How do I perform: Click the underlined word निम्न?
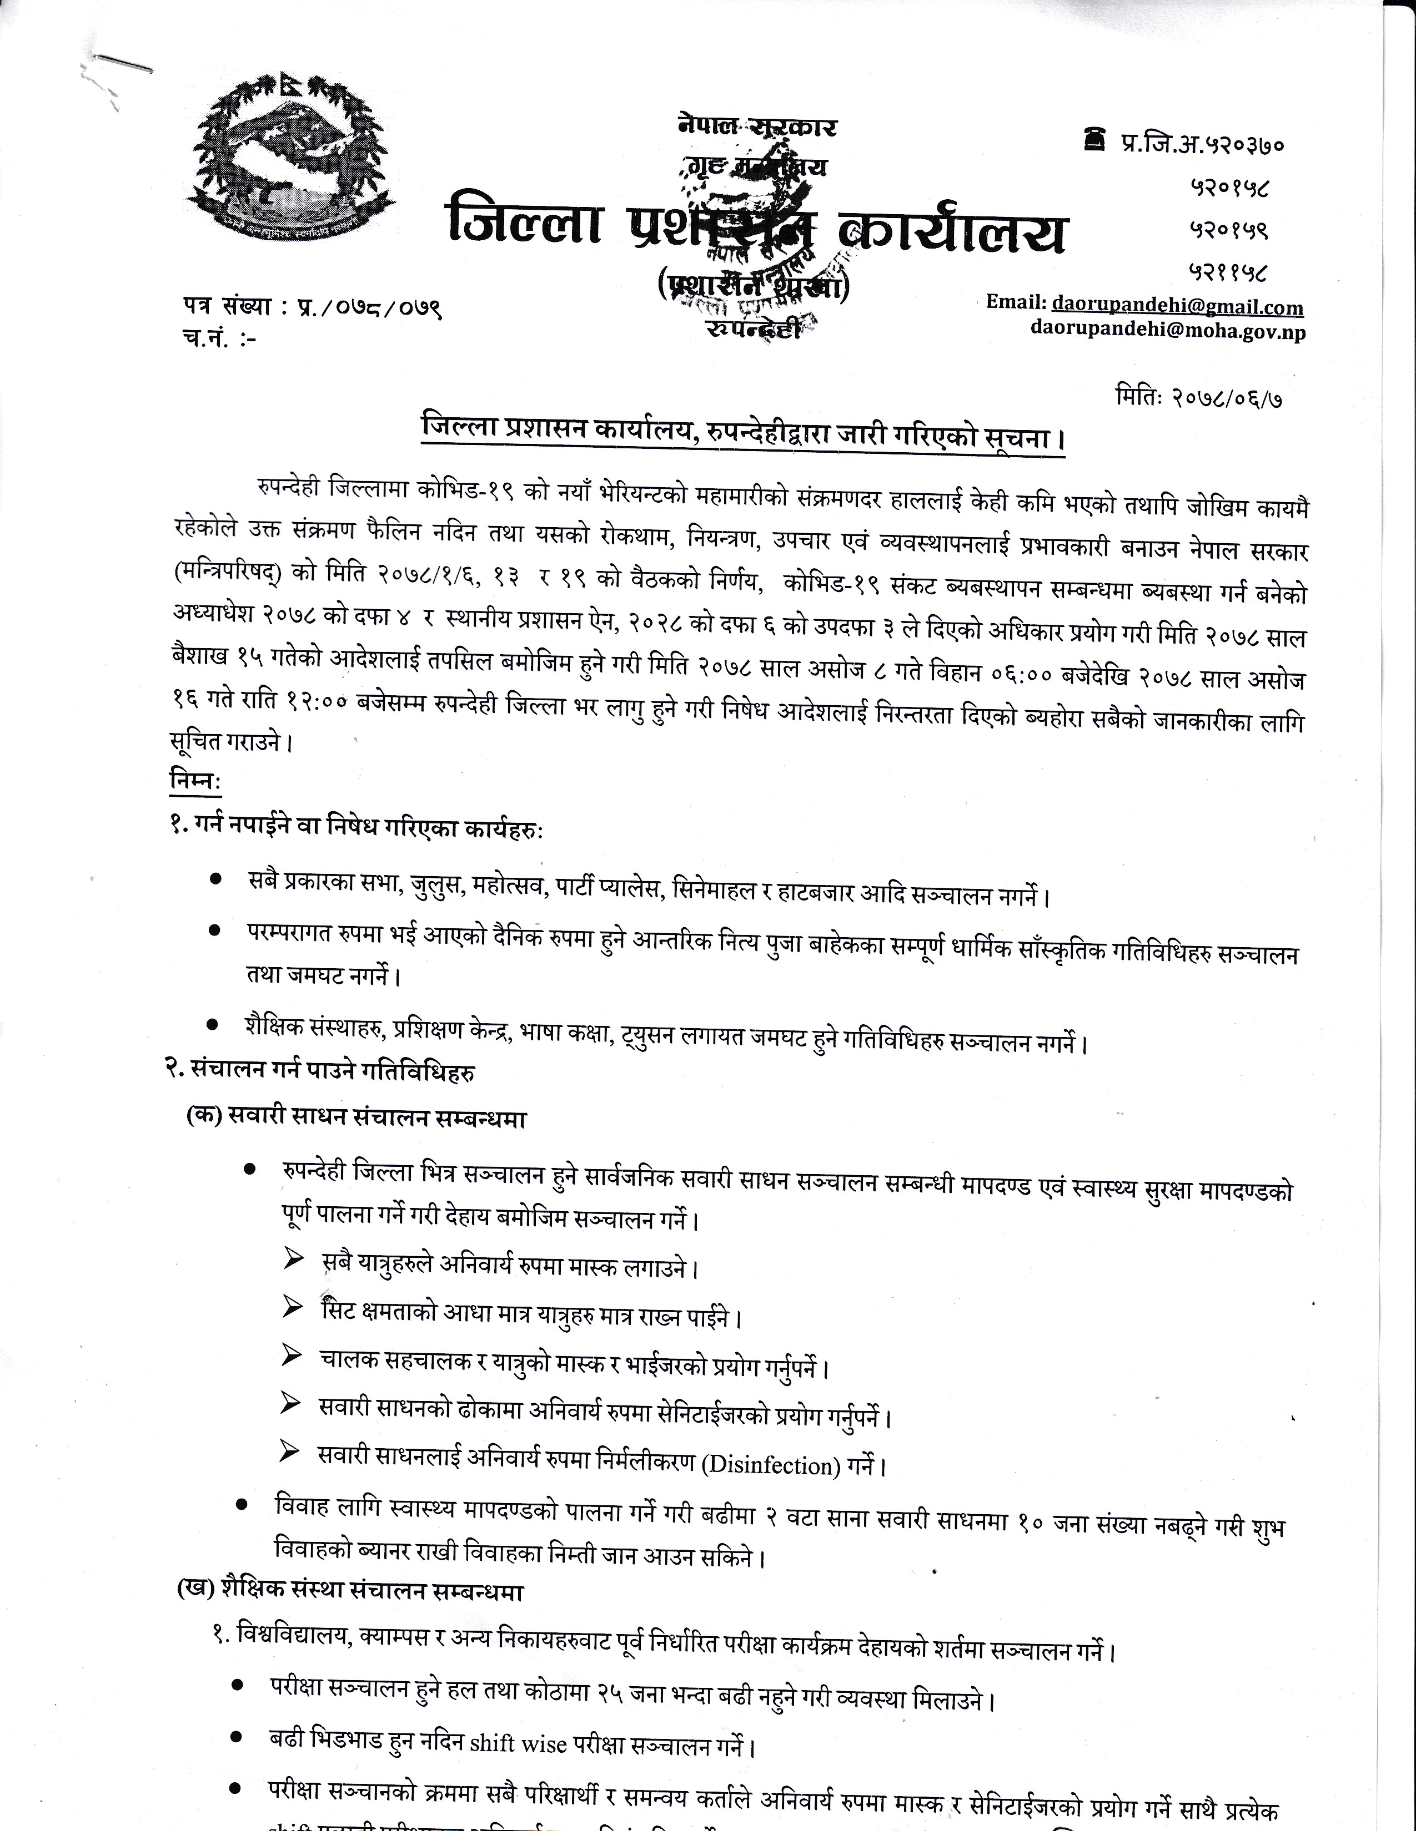pyautogui.click(x=194, y=781)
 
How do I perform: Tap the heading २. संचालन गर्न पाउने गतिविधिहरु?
pyautogui.click(x=322, y=1071)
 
